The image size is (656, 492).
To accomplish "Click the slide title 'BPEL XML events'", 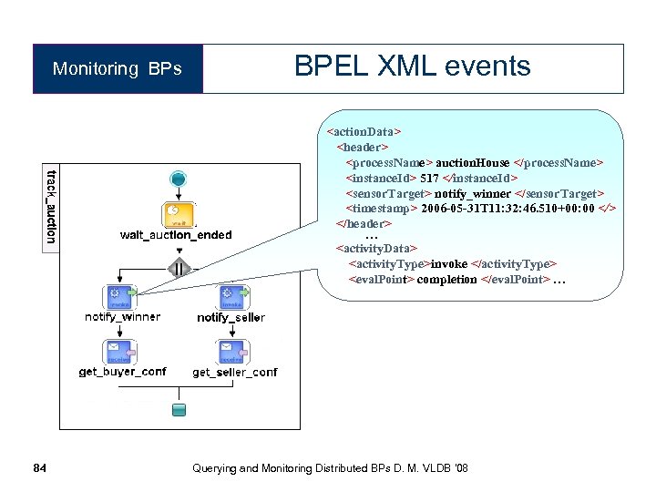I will click(412, 67).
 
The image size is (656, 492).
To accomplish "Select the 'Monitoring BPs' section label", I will click(117, 69).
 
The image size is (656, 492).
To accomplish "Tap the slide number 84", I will click(38, 468).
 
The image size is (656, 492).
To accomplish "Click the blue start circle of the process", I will click(179, 179).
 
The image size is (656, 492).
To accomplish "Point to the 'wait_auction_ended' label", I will click(176, 235).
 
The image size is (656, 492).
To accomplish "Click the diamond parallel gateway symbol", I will click(179, 268).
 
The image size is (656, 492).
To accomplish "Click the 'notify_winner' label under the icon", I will click(122, 317).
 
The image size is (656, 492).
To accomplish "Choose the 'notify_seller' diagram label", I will click(231, 318).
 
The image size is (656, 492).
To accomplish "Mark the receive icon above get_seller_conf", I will click(229, 352).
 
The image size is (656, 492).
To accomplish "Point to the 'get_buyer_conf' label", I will click(122, 372).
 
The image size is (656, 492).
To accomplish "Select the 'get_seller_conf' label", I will click(234, 373).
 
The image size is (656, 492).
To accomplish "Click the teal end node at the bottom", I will click(179, 409).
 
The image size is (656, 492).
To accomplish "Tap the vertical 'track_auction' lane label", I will click(51, 206).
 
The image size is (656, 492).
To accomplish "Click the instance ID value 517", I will click(429, 178).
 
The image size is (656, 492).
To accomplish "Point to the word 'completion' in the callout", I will click(447, 280).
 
